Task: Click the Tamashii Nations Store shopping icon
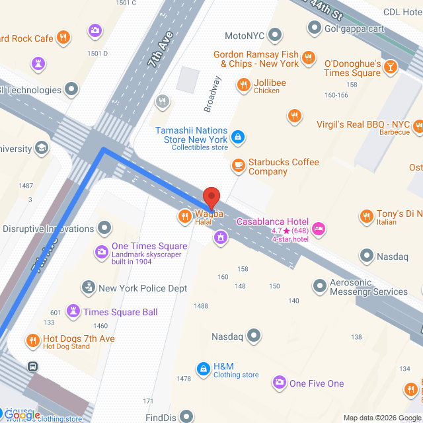click(x=238, y=137)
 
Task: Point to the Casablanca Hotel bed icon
click(x=319, y=229)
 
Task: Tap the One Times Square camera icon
click(x=101, y=251)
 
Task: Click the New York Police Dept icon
click(x=87, y=288)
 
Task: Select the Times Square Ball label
click(x=111, y=312)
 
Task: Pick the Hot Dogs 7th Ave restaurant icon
click(x=32, y=341)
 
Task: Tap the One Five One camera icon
click(x=279, y=383)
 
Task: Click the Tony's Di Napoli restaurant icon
click(x=366, y=215)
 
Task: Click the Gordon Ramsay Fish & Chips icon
click(x=307, y=59)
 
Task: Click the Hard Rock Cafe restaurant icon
click(x=64, y=38)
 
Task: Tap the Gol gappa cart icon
click(x=314, y=28)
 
